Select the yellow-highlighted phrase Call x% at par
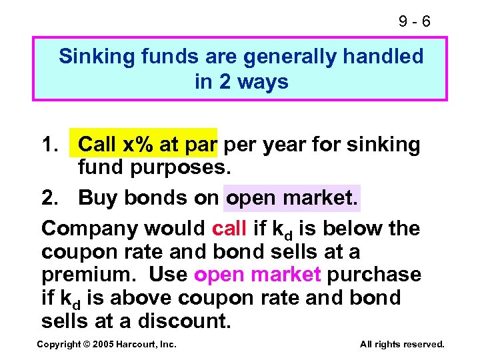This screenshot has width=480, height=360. (x=148, y=145)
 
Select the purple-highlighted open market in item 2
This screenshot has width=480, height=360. (x=292, y=198)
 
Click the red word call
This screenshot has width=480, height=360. (x=230, y=229)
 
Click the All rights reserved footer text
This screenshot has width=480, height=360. (x=401, y=344)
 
